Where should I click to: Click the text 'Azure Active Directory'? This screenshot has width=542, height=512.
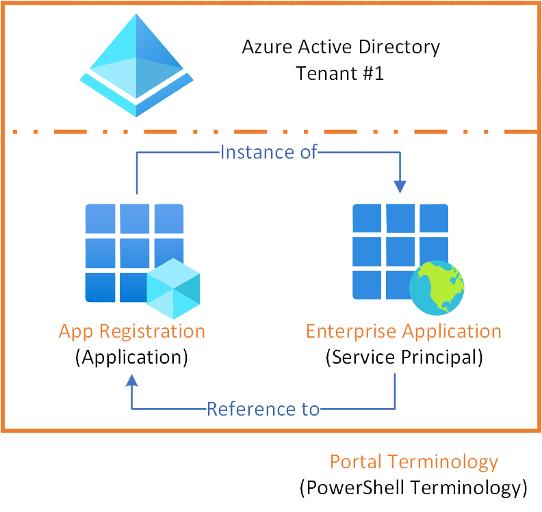coord(341,47)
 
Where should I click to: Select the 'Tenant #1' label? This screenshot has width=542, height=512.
coord(340,72)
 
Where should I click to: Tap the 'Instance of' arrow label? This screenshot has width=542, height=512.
coord(269,152)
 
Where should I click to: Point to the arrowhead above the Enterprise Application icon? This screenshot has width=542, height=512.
coord(400,186)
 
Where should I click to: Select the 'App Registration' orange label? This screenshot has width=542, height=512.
coord(131,332)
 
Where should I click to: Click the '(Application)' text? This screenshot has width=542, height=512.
coord(131,358)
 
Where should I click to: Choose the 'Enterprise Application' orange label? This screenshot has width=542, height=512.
coord(403,332)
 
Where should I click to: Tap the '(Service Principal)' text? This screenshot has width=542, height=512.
coord(403,358)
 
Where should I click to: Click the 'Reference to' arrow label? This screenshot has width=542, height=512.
coord(263,409)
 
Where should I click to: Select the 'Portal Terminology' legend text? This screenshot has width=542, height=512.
coord(413,462)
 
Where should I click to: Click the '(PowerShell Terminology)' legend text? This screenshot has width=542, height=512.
coord(413,487)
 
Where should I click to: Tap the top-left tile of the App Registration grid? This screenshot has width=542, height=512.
coord(99,218)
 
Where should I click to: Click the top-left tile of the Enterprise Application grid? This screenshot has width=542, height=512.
coord(367,218)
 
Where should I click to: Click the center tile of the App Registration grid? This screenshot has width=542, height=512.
coord(134,252)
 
